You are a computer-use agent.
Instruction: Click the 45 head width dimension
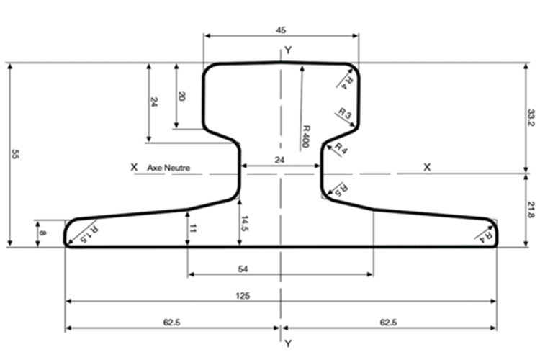click(281, 30)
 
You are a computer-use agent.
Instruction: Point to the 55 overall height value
click(15, 154)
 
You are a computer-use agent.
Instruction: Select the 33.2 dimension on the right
click(531, 118)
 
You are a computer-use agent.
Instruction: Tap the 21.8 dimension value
click(531, 210)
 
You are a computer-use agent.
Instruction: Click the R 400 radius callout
click(306, 137)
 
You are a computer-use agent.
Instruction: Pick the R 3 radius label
click(345, 112)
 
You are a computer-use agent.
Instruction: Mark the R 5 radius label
click(341, 189)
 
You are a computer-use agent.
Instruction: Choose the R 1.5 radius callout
click(89, 234)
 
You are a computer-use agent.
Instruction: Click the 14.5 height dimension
click(245, 223)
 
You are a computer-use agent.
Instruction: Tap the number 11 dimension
click(193, 228)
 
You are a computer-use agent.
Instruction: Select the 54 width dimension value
click(243, 269)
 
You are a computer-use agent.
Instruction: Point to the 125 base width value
click(243, 296)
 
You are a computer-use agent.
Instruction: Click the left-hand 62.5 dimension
click(171, 323)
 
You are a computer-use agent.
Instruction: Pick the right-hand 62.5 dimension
click(388, 323)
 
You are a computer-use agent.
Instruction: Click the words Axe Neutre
click(168, 168)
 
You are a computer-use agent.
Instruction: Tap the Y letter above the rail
click(288, 50)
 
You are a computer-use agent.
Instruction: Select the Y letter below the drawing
click(288, 343)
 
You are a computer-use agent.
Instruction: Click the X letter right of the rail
click(427, 168)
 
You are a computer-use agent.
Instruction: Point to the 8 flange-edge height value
click(42, 233)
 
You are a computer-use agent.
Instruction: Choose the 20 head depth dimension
click(181, 96)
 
